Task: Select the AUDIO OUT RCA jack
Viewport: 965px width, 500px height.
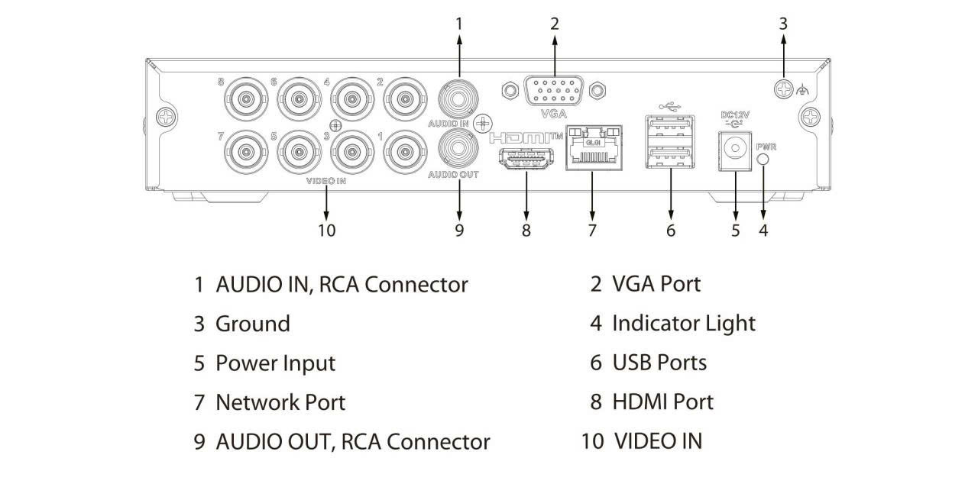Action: pyautogui.click(x=459, y=146)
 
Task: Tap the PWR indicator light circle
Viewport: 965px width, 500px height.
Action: pyautogui.click(x=763, y=158)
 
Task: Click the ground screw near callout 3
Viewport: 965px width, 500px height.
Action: pyautogui.click(x=783, y=89)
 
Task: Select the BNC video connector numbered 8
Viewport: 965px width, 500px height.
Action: pyautogui.click(x=245, y=98)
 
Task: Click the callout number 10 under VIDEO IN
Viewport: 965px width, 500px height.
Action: pyautogui.click(x=326, y=230)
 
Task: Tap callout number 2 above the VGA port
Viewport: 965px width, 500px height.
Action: pyautogui.click(x=555, y=24)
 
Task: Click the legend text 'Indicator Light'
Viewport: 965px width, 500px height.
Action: pyautogui.click(x=683, y=323)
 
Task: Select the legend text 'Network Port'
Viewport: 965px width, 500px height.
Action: pyautogui.click(x=280, y=402)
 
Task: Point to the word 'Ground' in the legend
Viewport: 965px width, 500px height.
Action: pyautogui.click(x=253, y=324)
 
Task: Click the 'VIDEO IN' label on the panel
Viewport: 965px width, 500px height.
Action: pyautogui.click(x=326, y=182)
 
